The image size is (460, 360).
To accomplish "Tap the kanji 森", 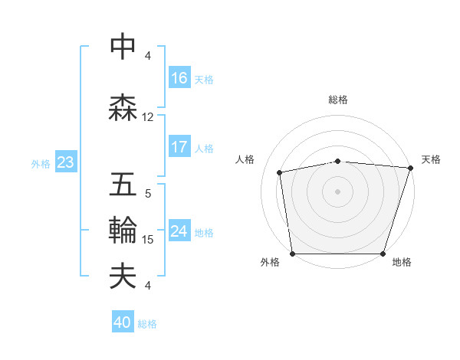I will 123,107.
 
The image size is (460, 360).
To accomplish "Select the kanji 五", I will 123,185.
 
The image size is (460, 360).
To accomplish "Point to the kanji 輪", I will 123,231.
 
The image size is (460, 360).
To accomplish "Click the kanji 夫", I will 123,277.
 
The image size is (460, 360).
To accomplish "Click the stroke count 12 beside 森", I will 148,117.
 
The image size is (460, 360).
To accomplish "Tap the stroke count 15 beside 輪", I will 148,240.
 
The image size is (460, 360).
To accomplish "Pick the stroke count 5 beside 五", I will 148,195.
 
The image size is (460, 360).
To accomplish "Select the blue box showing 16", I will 179,78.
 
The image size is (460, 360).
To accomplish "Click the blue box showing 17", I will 179,147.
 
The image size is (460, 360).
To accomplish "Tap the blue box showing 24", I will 179,231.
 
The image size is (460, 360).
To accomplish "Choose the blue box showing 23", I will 64,162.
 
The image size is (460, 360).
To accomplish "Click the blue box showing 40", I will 123,322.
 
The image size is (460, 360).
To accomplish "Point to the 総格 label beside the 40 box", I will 147,324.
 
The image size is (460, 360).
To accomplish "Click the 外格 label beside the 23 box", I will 41,163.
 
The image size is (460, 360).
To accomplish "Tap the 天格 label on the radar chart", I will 431,159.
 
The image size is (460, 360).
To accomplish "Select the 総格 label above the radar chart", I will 338,100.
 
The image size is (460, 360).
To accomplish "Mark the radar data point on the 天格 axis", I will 411,168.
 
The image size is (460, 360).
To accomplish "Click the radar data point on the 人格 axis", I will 280,172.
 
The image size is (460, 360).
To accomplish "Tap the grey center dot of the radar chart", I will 338,191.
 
